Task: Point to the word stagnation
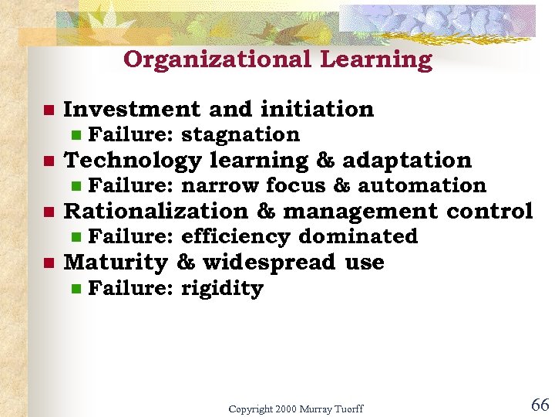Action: click(x=240, y=134)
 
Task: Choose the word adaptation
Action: click(x=407, y=160)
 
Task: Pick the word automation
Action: click(x=422, y=185)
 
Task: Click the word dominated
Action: click(x=358, y=236)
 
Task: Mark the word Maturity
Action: click(x=116, y=263)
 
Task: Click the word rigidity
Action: click(x=222, y=289)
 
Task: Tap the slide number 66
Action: click(x=540, y=405)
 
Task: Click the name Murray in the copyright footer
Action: click(x=312, y=409)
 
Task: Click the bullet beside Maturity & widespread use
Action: click(x=48, y=263)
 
